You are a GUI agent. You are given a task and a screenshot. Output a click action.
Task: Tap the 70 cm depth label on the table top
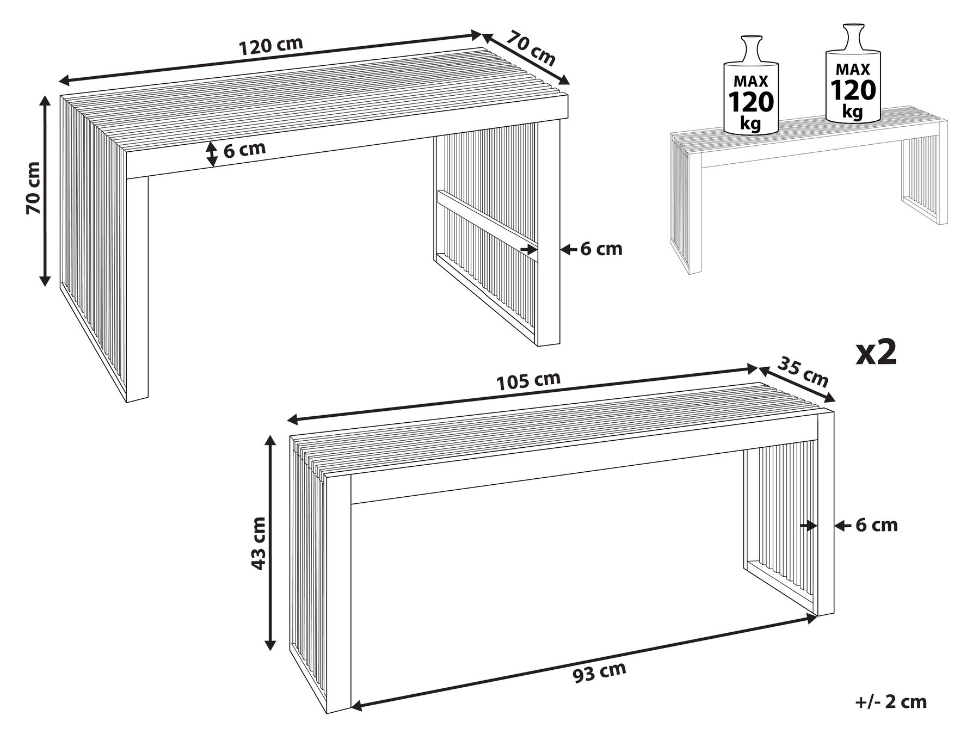(x=531, y=48)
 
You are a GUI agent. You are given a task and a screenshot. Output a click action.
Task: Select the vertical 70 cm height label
(x=33, y=188)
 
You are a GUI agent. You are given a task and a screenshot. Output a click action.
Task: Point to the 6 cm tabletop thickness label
(x=244, y=149)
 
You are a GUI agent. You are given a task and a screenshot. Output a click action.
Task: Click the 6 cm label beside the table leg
(x=601, y=249)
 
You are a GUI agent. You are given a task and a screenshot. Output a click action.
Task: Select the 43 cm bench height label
(x=257, y=543)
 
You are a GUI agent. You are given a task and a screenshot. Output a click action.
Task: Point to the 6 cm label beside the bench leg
(x=876, y=525)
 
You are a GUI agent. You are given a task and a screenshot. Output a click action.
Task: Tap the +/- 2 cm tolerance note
(x=891, y=702)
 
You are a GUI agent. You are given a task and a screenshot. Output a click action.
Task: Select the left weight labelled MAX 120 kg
(x=751, y=85)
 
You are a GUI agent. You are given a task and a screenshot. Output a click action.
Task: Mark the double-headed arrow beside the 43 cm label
(x=269, y=544)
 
